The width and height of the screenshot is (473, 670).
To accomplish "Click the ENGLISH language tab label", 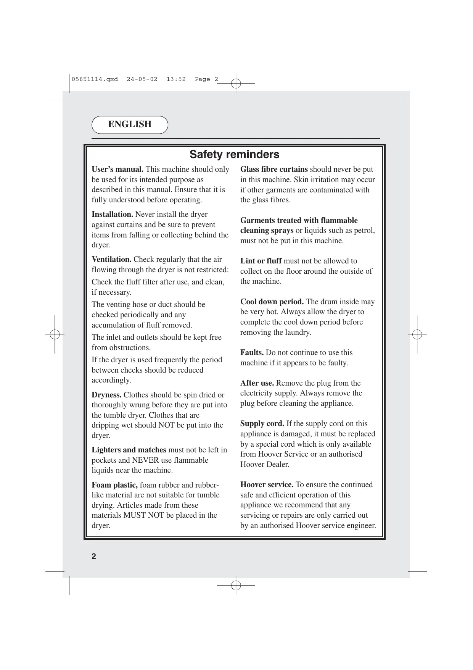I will [130, 124].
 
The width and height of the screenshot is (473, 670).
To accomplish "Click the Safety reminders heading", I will [234, 155].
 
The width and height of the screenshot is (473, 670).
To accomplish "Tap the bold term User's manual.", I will [117, 170].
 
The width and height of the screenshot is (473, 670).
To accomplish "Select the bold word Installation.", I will [112, 215].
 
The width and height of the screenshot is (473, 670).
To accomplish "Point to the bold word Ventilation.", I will [111, 260].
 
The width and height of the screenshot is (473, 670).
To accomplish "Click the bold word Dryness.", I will [106, 395].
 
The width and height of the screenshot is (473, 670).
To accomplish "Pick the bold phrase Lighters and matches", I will [129, 450].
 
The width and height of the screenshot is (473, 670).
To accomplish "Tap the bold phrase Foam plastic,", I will [114, 485].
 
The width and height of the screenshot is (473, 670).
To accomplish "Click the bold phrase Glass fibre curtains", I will [274, 170].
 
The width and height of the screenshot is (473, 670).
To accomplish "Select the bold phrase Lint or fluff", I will [261, 261].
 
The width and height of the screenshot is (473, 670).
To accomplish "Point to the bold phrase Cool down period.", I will [272, 302].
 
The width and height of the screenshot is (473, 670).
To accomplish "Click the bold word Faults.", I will [252, 353].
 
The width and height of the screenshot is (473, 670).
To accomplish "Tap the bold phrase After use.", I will [257, 383].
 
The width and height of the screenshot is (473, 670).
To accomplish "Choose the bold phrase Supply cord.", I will [262, 424].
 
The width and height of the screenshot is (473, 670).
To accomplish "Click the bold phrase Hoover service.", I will [267, 485].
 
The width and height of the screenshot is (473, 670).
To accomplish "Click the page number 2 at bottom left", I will [94, 556].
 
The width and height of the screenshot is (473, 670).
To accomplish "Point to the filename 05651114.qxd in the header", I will [95, 79].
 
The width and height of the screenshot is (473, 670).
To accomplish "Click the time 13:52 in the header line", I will [176, 79].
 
